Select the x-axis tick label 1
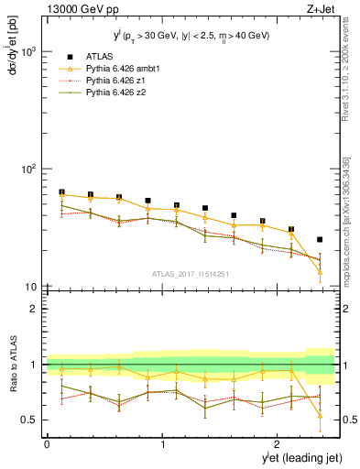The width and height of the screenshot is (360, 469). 163,444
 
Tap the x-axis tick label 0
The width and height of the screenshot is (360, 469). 47,444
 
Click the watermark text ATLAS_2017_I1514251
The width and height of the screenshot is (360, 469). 191,273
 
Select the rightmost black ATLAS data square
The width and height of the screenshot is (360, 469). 320,240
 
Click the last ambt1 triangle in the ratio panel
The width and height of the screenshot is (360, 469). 320,415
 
